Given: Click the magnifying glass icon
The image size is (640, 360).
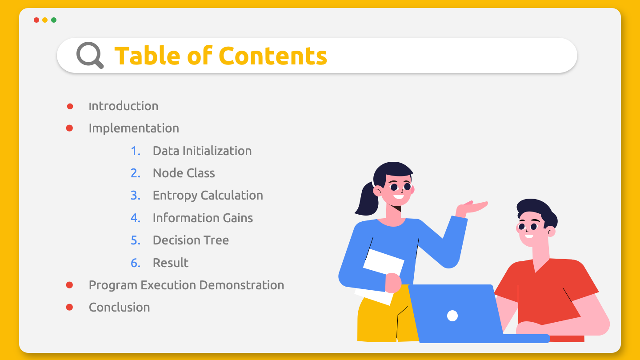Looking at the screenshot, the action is [90, 55].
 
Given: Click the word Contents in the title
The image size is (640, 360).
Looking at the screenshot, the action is [273, 56].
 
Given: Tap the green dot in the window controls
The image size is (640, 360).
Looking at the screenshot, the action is [54, 20].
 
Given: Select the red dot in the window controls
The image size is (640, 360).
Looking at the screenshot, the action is [36, 20].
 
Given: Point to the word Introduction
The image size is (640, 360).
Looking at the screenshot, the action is [124, 106].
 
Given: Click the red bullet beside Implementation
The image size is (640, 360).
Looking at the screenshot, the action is [69, 128].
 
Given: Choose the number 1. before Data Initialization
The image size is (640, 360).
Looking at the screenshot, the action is [136, 151].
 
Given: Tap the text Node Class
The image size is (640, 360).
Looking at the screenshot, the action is [184, 173].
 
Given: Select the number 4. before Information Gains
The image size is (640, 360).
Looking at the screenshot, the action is [136, 218].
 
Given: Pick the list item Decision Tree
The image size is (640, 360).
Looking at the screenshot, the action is [191, 240].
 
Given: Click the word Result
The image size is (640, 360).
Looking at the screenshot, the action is [171, 263].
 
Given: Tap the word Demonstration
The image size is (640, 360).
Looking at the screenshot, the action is [241, 285].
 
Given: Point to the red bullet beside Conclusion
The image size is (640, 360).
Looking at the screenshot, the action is [69, 307].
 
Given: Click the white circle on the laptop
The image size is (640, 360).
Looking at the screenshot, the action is [452, 316].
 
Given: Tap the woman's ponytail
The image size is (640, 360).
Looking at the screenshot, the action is [367, 200].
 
